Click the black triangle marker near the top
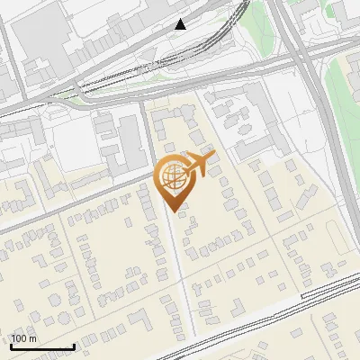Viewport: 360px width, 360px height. (x=181, y=24)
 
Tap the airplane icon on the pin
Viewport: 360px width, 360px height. (x=199, y=165)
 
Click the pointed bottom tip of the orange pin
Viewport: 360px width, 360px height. (x=173, y=211)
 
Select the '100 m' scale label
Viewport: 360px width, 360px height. (x=24, y=338)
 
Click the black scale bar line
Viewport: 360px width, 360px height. (x=42, y=346)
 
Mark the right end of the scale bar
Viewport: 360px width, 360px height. (x=74, y=346)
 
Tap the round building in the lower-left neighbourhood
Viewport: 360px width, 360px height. (x=55, y=297)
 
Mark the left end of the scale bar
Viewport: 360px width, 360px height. (x=11, y=346)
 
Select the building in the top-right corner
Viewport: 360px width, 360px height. (x=346, y=11)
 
